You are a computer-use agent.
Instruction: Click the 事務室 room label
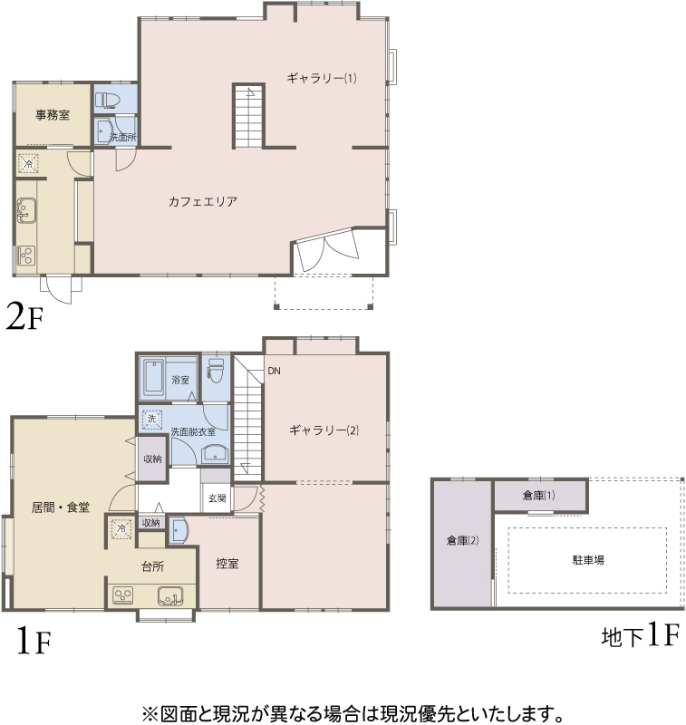click(53, 115)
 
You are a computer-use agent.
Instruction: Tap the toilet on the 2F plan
click(108, 100)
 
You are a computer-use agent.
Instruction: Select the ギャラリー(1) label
click(322, 78)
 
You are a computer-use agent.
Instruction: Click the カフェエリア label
click(203, 201)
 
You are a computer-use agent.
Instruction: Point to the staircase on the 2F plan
click(248, 116)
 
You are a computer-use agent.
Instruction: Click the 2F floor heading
click(24, 317)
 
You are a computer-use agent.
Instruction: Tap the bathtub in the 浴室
click(154, 378)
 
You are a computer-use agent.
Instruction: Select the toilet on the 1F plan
click(216, 371)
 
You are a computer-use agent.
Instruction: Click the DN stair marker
click(274, 371)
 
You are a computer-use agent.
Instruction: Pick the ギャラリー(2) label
click(324, 430)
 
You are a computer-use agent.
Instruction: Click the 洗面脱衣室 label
click(193, 432)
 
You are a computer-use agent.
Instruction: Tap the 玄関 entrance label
click(217, 498)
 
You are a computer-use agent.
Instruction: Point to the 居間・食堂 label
click(61, 507)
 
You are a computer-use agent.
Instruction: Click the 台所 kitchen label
click(152, 566)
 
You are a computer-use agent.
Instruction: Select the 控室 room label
click(227, 564)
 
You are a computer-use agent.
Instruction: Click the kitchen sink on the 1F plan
click(170, 596)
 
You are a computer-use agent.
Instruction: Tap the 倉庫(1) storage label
click(538, 496)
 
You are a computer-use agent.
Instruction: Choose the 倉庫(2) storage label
click(462, 540)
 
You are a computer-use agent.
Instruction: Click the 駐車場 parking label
click(588, 560)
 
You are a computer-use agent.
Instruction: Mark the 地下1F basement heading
click(641, 635)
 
